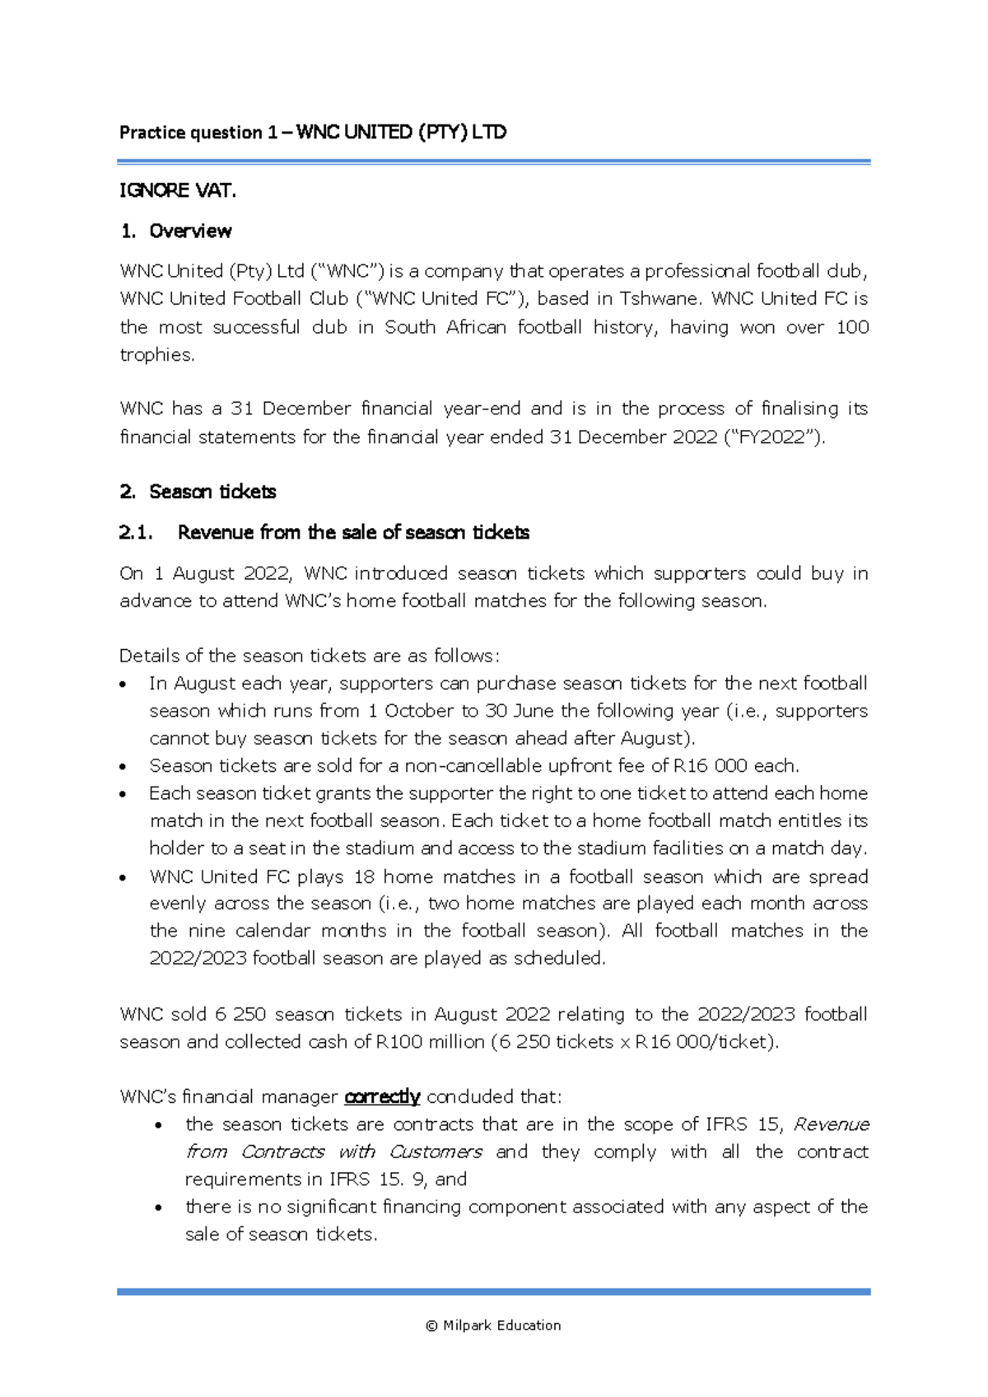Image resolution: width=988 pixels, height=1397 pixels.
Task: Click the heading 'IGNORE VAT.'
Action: (x=177, y=190)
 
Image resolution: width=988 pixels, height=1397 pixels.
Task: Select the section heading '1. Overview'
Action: (x=175, y=231)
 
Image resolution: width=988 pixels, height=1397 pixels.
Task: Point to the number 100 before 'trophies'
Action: (x=852, y=327)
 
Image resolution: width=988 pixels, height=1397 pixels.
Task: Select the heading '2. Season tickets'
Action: (x=198, y=492)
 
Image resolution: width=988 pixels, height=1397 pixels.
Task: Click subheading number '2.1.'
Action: (x=136, y=533)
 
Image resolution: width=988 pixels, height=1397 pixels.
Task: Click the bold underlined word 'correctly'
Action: (x=382, y=1097)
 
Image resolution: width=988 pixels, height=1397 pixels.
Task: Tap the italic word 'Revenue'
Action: (x=831, y=1124)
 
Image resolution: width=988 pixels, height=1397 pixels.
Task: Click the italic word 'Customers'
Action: (x=436, y=1152)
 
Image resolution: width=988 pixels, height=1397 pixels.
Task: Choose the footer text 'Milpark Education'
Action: (x=501, y=1325)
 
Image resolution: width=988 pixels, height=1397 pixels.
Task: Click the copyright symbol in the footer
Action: (x=431, y=1326)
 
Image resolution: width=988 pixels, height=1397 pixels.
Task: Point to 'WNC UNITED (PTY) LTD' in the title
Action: (x=401, y=132)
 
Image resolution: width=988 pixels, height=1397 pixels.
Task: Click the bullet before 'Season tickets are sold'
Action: (x=123, y=767)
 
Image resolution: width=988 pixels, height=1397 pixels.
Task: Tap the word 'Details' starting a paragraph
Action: (x=149, y=656)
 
